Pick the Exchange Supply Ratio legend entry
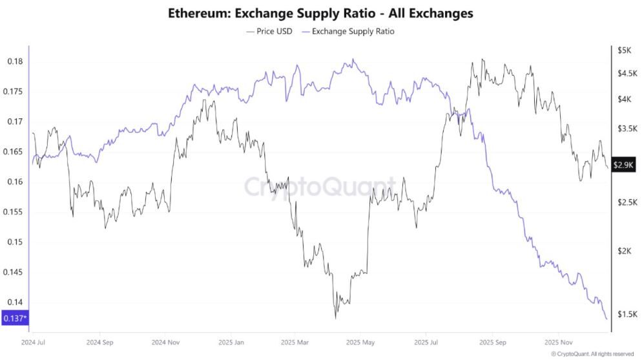tap(353, 30)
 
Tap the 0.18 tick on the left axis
tap(14, 61)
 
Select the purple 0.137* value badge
tap(14, 318)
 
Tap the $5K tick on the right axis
tap(623, 50)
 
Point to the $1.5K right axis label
tap(627, 314)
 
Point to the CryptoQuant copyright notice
tap(592, 354)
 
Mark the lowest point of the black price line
tap(336, 317)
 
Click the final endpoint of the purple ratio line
tap(607, 319)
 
